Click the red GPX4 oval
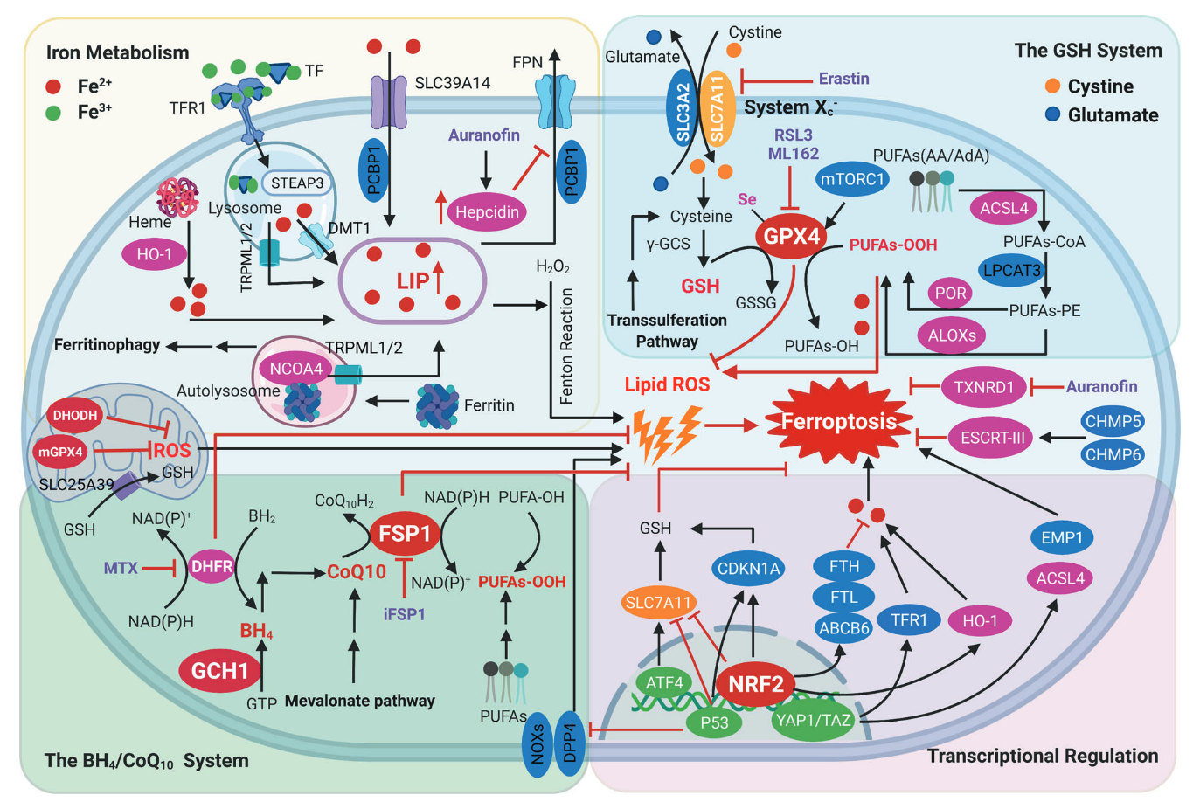point(791,236)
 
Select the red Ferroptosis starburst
point(839,421)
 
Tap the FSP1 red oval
point(405,534)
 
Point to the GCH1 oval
point(220,670)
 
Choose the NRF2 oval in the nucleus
point(756,684)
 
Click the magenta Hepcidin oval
point(487,212)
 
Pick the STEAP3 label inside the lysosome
point(297,183)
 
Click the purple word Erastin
point(843,79)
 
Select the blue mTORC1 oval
point(852,179)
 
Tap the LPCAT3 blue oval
point(1011,270)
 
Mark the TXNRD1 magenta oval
point(984,387)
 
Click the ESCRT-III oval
point(993,438)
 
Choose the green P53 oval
point(714,722)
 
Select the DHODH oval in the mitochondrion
point(75,416)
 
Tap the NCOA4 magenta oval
point(295,369)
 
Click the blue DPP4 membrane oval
point(570,743)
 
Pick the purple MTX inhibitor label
point(121,568)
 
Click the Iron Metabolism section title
point(117,52)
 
